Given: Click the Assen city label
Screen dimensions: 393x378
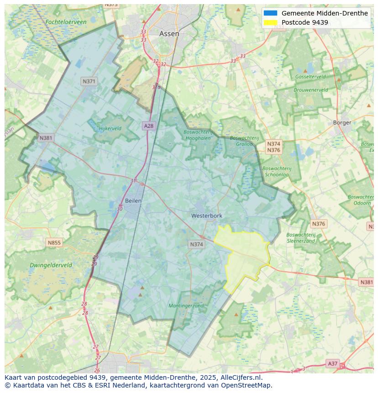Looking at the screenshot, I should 169,34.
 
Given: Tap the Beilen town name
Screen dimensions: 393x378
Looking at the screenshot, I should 133,200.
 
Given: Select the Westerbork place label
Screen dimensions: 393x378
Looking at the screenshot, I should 206,215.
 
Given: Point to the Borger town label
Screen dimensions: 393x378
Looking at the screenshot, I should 342,122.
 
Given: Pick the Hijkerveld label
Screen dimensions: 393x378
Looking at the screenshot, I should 110,128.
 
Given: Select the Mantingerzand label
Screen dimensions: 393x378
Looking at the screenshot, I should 186,305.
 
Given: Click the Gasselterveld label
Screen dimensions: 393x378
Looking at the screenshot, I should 310,77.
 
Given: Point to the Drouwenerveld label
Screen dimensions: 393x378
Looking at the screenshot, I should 310,90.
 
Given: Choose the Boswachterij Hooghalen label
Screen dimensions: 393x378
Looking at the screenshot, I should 198,135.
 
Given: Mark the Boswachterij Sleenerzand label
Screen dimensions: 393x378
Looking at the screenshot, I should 300,237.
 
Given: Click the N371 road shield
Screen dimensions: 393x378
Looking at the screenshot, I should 89,81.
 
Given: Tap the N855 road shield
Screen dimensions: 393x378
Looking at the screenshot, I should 54,243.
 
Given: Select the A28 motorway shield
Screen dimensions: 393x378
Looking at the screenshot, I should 148,126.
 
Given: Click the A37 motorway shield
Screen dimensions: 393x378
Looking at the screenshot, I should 333,363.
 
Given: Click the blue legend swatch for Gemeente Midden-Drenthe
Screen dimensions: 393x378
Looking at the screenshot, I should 270,13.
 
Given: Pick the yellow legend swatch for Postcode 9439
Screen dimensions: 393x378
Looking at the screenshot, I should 270,22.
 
